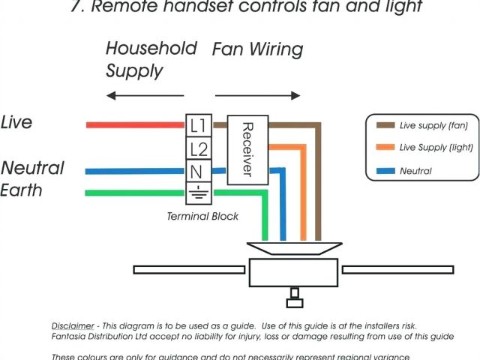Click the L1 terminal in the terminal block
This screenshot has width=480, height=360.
point(199,124)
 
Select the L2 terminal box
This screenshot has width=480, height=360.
point(199,148)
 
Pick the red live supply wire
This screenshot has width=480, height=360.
point(135,124)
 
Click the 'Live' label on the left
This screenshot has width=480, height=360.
point(17,121)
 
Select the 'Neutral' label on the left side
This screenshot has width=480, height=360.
point(32,167)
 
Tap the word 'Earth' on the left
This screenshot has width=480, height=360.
point(22,190)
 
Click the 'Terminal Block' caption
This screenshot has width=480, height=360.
point(202,216)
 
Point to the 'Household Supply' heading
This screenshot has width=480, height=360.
point(150,59)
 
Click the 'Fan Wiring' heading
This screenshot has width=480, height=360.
point(257,50)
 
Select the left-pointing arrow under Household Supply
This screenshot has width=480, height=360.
point(145,95)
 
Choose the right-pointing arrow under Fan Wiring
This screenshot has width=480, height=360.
point(259,95)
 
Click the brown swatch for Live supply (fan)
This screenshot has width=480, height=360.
point(385,125)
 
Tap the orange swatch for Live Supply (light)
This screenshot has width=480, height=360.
point(385,148)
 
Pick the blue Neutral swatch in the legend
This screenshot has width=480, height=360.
point(385,171)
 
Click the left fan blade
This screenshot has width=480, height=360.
point(190,268)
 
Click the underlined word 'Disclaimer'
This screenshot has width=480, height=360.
point(73,326)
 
